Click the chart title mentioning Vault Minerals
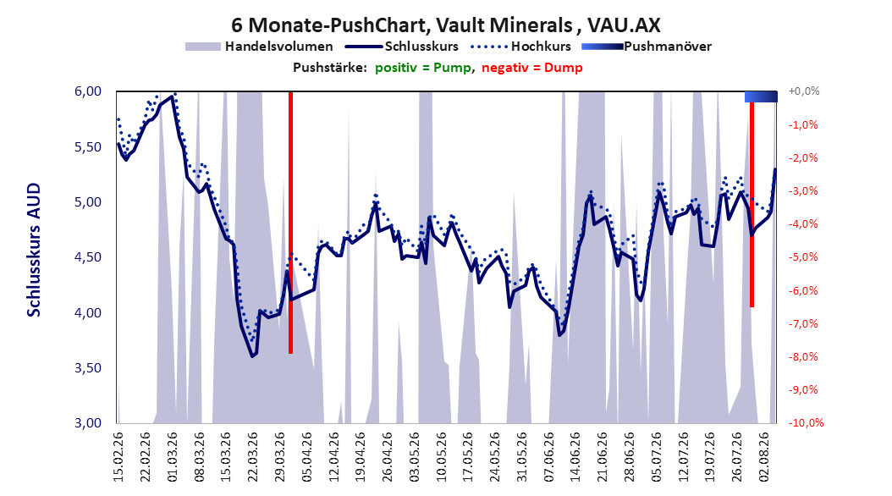(445, 25)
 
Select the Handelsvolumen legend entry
(259, 47)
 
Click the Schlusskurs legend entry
(401, 47)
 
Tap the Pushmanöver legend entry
(647, 47)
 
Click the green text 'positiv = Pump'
(422, 68)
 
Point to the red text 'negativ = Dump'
(532, 68)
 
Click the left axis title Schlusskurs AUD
(34, 251)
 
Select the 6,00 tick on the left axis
(88, 91)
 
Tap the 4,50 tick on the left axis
(88, 257)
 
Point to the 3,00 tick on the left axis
(88, 422)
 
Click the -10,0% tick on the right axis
(806, 422)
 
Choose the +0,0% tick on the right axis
(804, 91)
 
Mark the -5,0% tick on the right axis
(804, 257)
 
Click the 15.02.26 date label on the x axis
(118, 457)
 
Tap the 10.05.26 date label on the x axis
(442, 457)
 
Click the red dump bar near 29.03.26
(290, 223)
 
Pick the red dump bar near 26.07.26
(752, 205)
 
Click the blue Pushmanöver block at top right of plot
(761, 96)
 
